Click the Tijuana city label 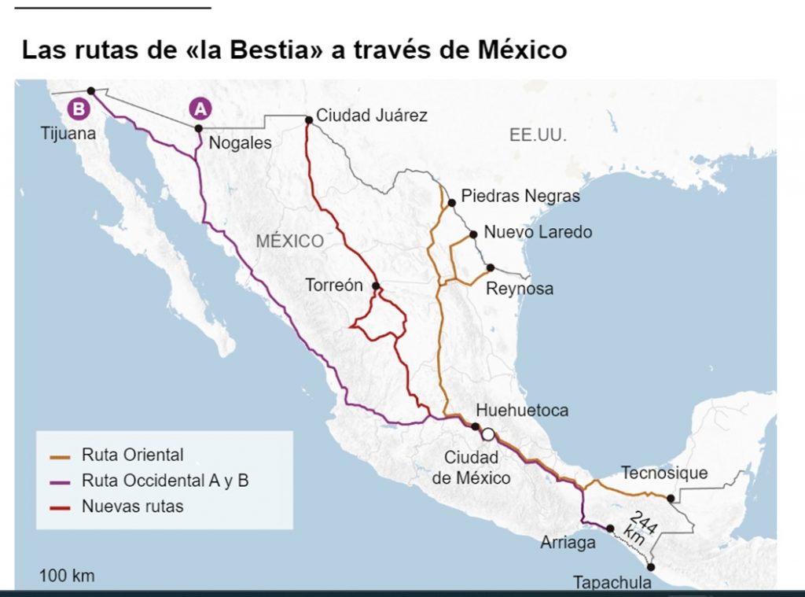coord(68,134)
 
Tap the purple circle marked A coord(200,109)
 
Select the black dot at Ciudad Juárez coord(309,120)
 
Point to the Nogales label coord(240,143)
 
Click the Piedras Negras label coord(520,196)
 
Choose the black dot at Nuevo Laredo coord(473,234)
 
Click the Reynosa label coord(519,289)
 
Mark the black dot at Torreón coord(376,286)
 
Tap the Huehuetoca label coord(522,411)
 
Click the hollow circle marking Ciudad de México coord(488,433)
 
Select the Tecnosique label coord(664,473)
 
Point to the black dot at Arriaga coord(610,529)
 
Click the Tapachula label coord(612,583)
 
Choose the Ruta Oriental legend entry coord(132,455)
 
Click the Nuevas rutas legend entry coord(132,507)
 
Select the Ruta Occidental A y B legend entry coord(164,481)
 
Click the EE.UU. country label coord(538,135)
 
